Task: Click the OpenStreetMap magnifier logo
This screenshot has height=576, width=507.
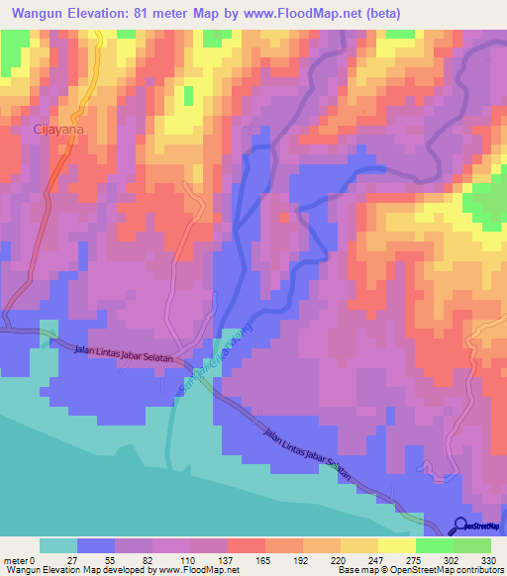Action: tap(461, 526)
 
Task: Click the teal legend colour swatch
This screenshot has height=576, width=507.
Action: tap(57, 545)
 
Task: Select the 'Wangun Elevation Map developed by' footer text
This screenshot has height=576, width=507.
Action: tap(75, 570)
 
